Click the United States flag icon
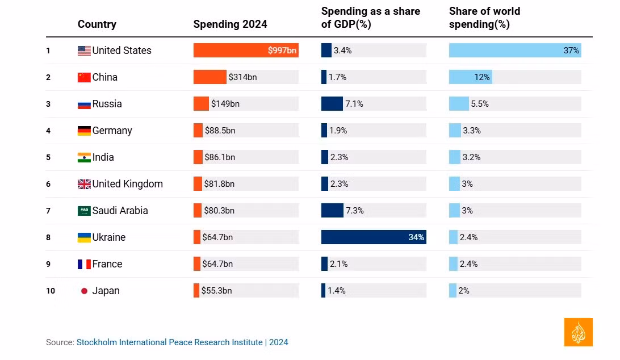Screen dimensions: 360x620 (x=84, y=51)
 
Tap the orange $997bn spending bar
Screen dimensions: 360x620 (x=245, y=51)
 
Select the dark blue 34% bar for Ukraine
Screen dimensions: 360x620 (x=373, y=237)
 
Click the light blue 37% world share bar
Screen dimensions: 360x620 (x=514, y=51)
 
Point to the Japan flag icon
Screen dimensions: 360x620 (x=84, y=291)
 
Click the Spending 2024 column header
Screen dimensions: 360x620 (x=230, y=24)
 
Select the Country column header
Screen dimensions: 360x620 (x=97, y=24)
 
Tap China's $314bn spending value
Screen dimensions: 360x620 (x=242, y=77)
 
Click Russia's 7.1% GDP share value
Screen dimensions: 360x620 (x=354, y=104)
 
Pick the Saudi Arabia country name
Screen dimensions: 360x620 (x=120, y=211)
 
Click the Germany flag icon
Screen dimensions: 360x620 (x=84, y=131)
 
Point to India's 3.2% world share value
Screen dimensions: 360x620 (x=471, y=157)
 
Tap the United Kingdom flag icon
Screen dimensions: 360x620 (x=84, y=184)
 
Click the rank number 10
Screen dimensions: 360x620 (x=51, y=291)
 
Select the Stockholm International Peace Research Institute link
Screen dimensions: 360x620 (x=170, y=342)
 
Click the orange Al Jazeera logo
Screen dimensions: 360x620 (x=578, y=332)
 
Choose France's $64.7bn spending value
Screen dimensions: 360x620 (x=217, y=264)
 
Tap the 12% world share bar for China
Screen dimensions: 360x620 (x=470, y=77)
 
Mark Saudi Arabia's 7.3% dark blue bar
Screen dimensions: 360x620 (x=332, y=211)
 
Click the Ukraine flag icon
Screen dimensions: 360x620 (x=84, y=237)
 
